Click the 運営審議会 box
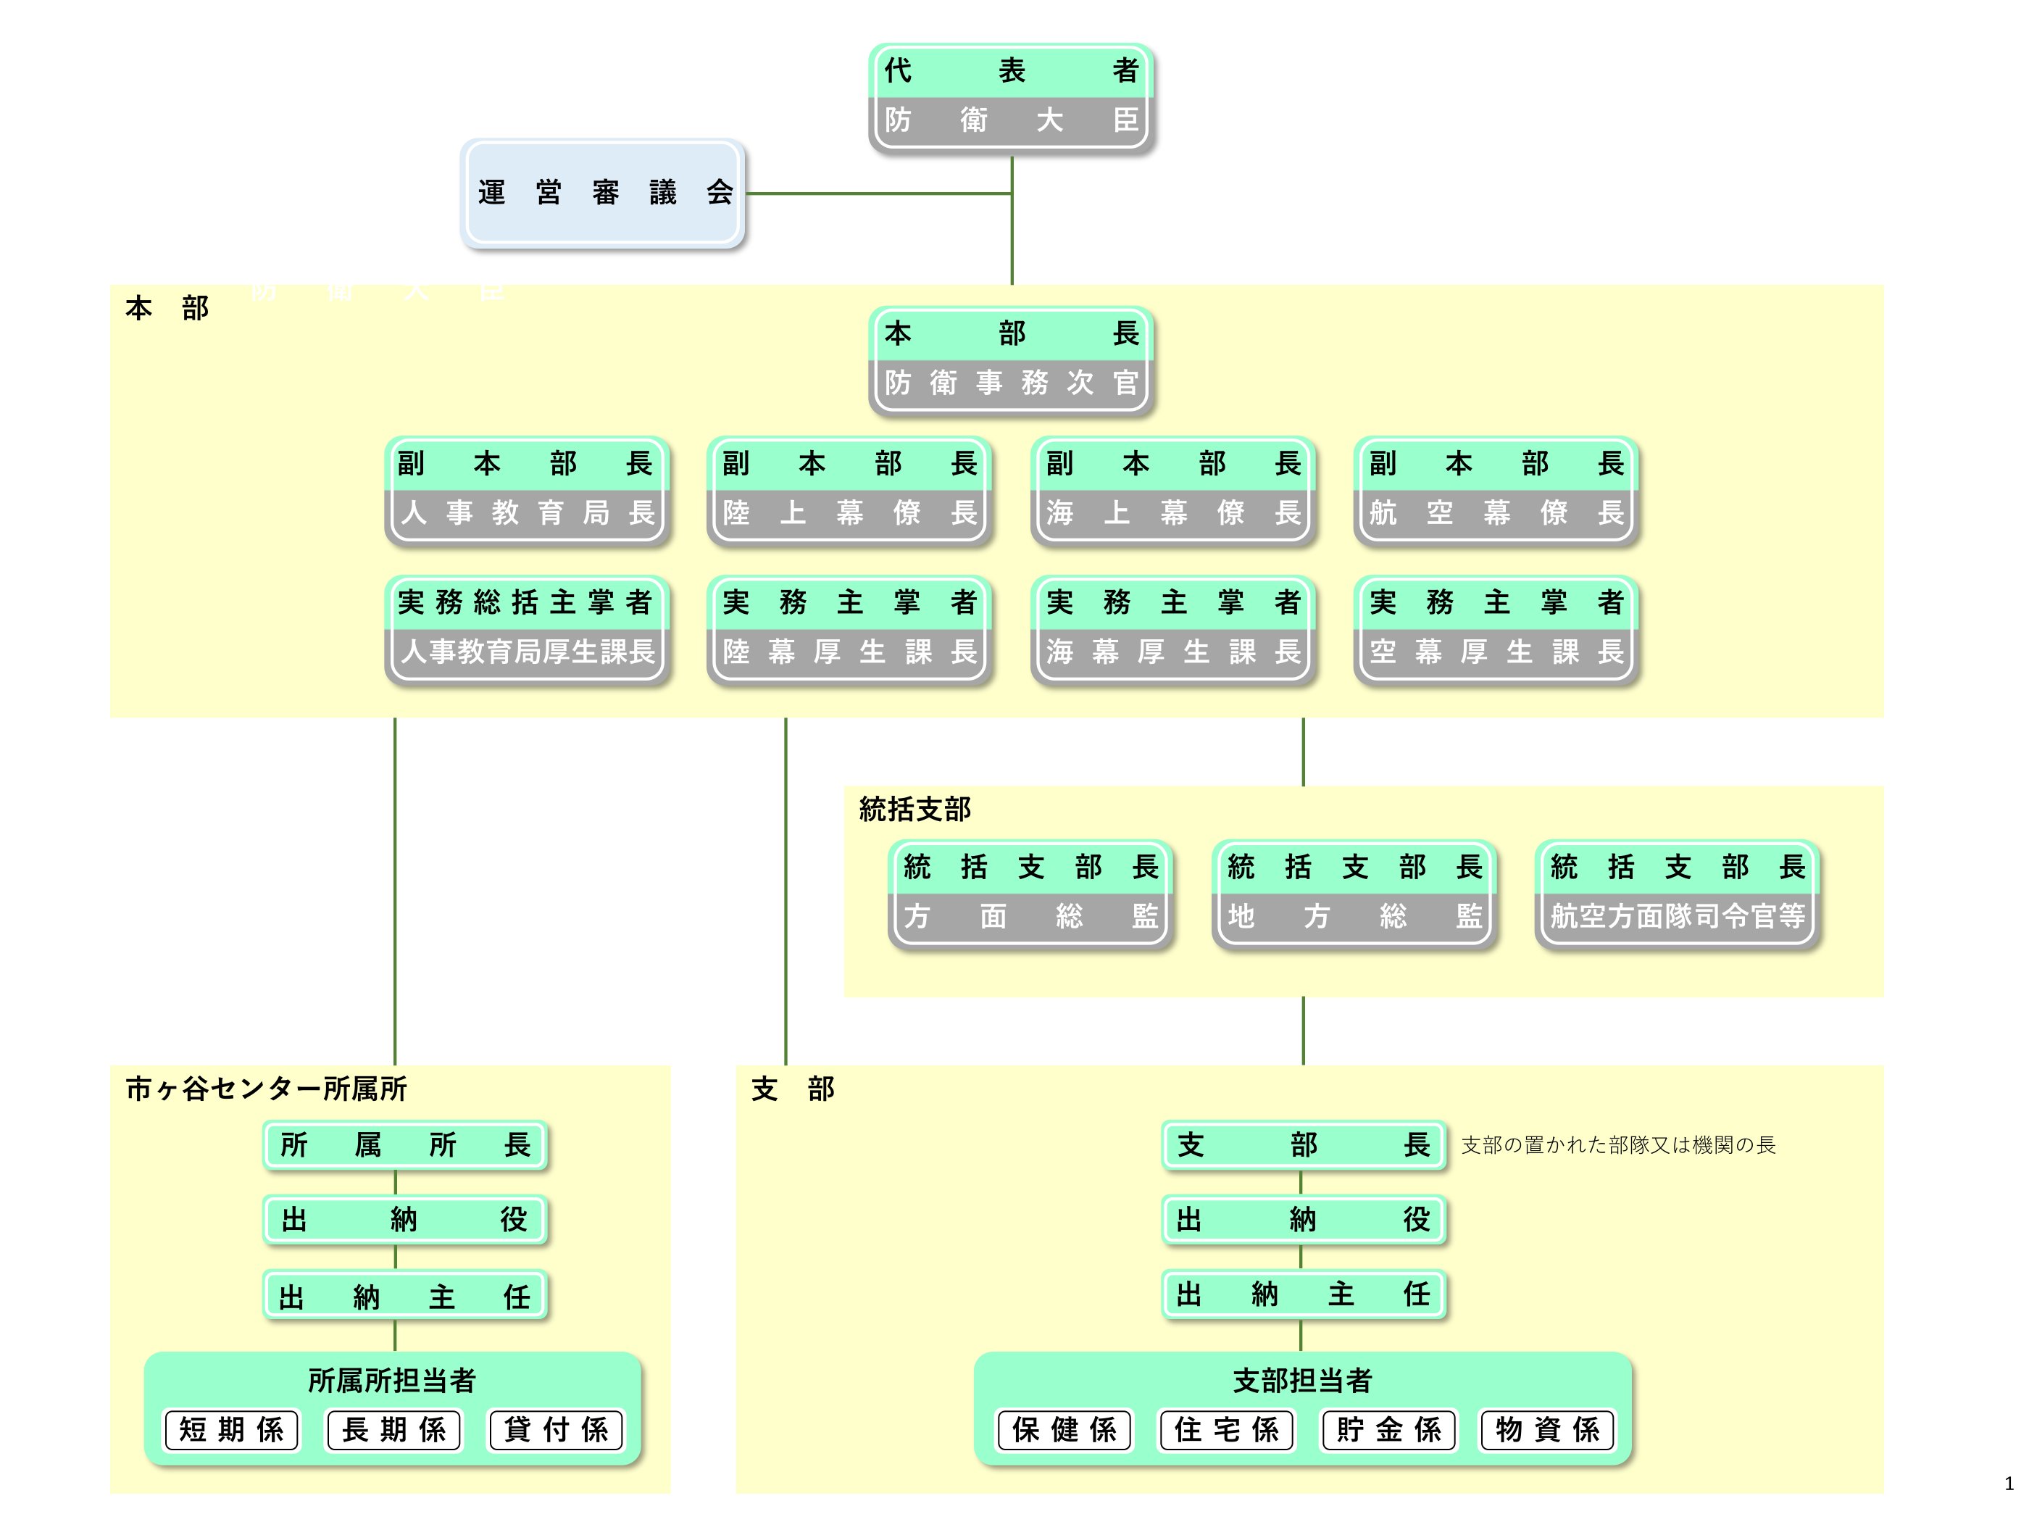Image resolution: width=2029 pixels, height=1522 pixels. (x=604, y=193)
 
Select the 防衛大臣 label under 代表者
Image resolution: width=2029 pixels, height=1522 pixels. (x=1011, y=120)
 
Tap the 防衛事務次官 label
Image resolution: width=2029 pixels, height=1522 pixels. (x=1011, y=383)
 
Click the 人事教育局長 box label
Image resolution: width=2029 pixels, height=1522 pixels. (x=527, y=513)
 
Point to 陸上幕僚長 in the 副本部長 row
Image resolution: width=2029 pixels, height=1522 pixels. (x=849, y=513)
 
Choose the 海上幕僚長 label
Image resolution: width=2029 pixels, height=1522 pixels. (x=1173, y=513)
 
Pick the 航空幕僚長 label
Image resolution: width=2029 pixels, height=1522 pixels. (x=1496, y=513)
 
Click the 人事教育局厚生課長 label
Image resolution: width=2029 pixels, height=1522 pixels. (x=527, y=652)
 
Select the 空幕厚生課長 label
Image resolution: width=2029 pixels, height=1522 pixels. (x=1496, y=652)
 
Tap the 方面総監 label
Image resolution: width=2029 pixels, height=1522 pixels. (x=1031, y=915)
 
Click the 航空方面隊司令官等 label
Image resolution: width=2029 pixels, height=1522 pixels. (x=1678, y=915)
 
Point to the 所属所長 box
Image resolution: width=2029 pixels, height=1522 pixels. (x=404, y=1145)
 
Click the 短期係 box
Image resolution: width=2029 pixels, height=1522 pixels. (x=231, y=1429)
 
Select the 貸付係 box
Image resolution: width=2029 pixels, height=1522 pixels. (x=556, y=1429)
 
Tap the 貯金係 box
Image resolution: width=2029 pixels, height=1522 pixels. (x=1388, y=1429)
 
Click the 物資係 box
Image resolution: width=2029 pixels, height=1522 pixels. (x=1547, y=1429)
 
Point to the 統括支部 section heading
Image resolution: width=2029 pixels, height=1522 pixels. (x=914, y=809)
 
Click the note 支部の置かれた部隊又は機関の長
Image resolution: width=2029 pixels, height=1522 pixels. (x=1618, y=1145)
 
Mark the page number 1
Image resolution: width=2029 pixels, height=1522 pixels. (x=2009, y=1484)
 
